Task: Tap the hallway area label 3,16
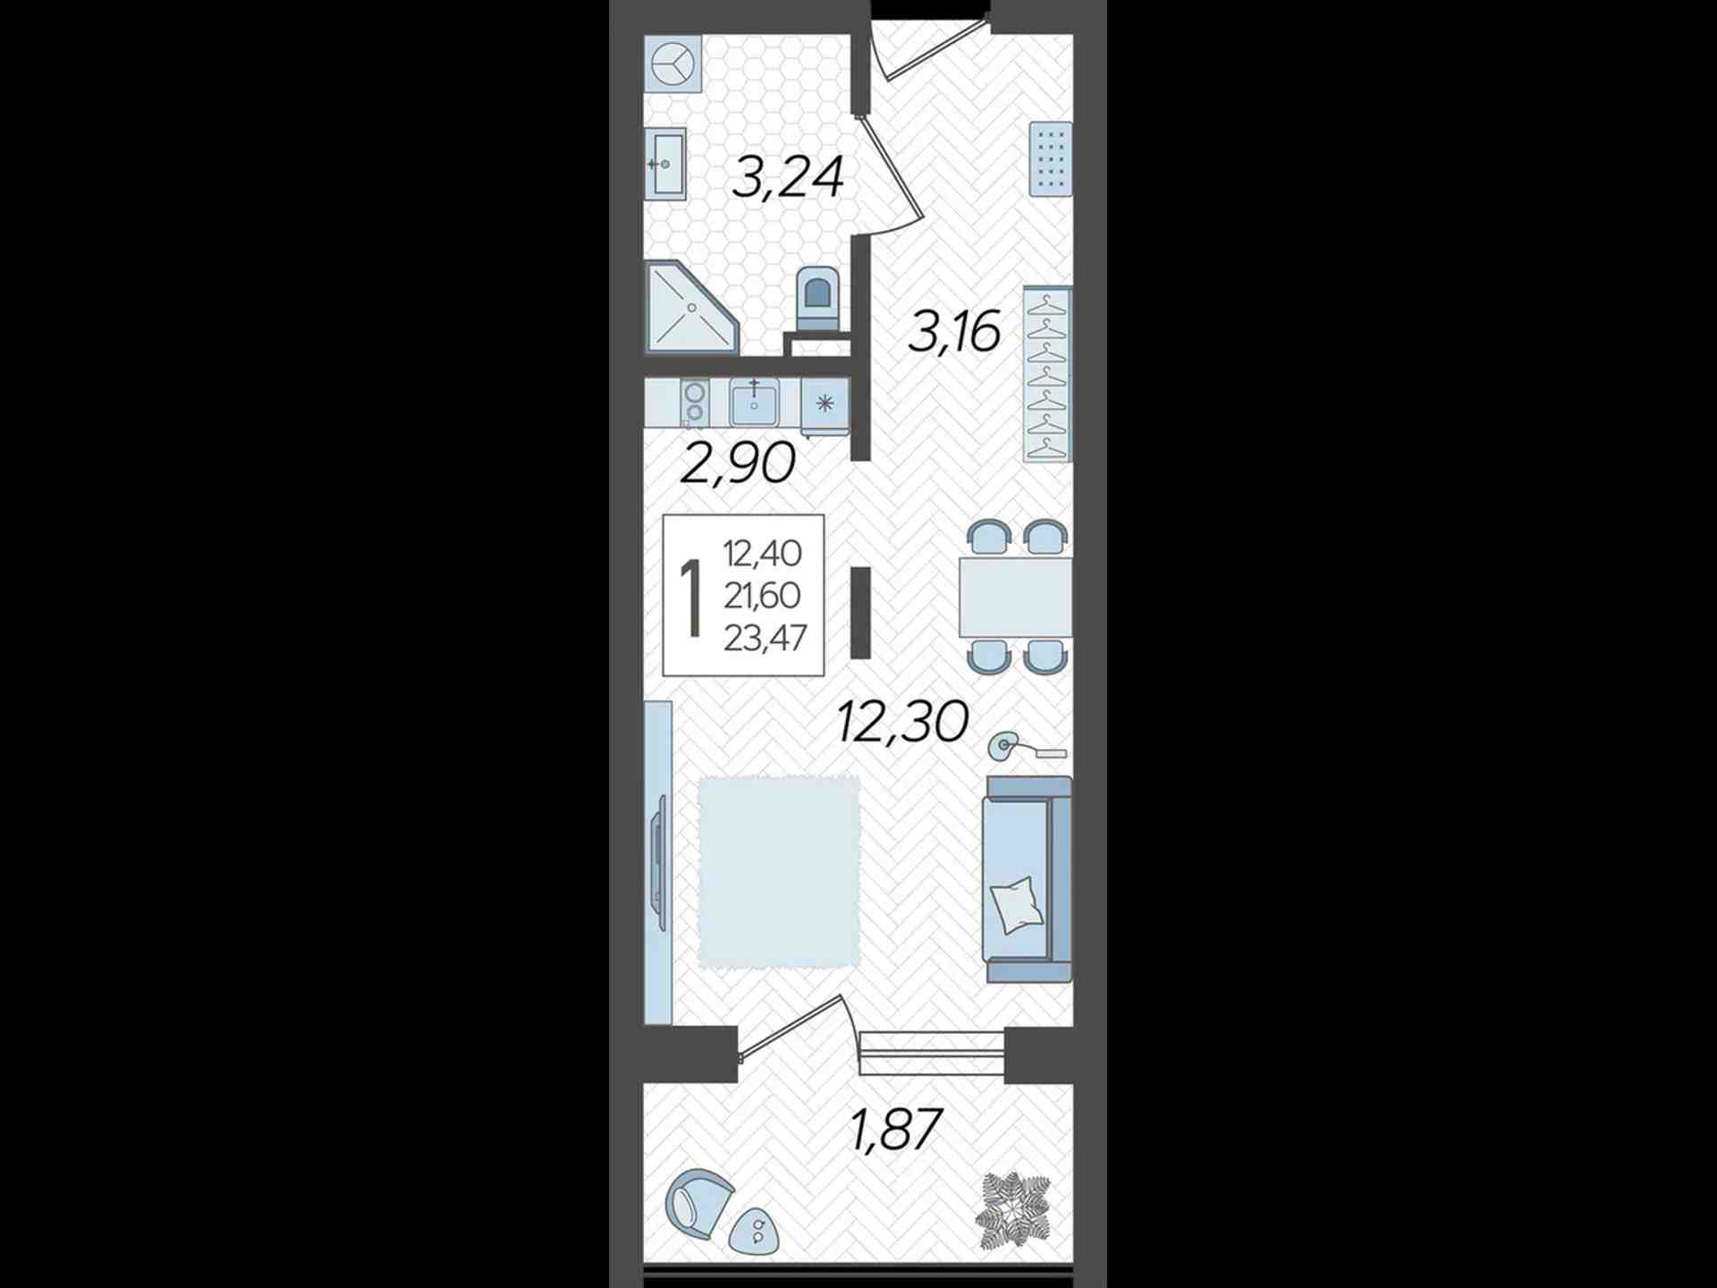954,331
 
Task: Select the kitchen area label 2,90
738,463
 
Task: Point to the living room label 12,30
903,722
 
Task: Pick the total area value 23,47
765,638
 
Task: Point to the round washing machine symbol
673,64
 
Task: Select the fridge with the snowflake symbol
825,403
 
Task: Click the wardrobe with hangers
1047,374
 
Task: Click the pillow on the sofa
1018,904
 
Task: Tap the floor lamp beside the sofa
1026,747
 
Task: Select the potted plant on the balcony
1013,1211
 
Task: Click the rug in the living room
779,872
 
